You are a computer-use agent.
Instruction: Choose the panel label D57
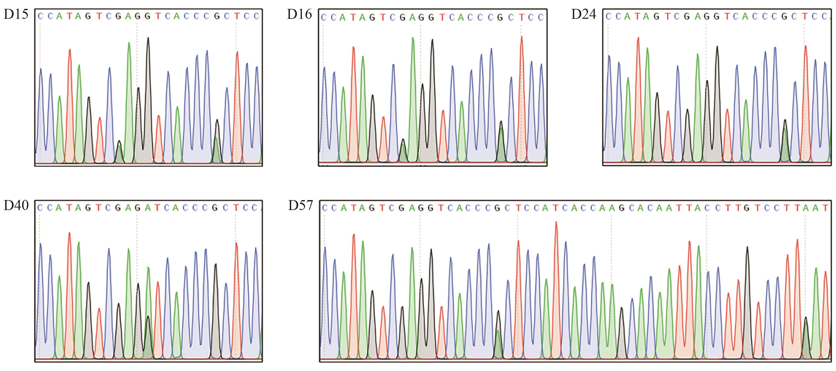[301, 205]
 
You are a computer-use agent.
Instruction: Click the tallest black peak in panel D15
[148, 38]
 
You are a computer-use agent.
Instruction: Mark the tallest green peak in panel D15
[129, 43]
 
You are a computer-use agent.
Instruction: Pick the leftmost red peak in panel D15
[70, 50]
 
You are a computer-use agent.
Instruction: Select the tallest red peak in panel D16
[521, 37]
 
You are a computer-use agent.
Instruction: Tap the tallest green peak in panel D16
[413, 38]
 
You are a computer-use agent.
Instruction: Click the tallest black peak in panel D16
[432, 40]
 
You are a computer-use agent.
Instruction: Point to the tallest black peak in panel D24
[717, 47]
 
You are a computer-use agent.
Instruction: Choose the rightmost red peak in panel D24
[806, 46]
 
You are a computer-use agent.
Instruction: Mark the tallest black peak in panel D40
[216, 264]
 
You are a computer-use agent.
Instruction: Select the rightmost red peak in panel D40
[236, 243]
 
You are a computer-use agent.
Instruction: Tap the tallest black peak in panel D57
[747, 247]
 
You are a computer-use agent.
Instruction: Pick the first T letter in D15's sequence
[69, 16]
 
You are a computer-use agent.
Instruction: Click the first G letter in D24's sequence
[656, 16]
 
